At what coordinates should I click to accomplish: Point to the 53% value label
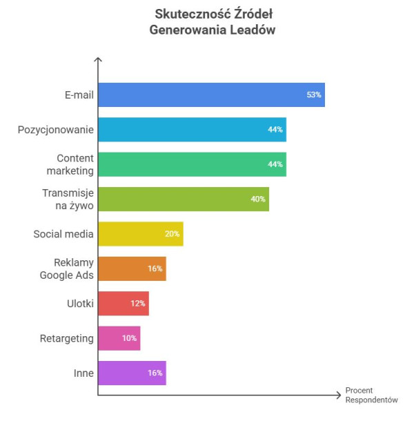tap(314, 95)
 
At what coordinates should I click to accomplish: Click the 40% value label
tap(258, 199)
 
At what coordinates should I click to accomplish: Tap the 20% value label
tap(172, 234)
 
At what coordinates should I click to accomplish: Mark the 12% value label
tap(137, 303)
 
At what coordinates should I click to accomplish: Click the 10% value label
tap(129, 338)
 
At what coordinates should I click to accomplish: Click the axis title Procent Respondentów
tap(371, 395)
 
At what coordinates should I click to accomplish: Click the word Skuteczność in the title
tap(187, 14)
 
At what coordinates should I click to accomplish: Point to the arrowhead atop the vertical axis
tap(98, 60)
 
